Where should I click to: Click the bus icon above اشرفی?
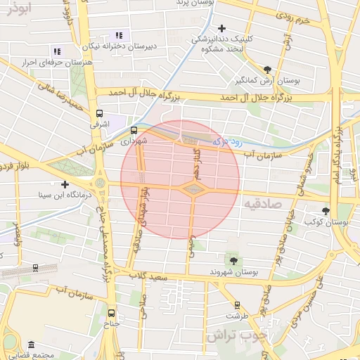pos(99,112)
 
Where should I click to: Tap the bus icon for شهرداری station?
pos(134,130)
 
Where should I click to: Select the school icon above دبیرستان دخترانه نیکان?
pos(119,34)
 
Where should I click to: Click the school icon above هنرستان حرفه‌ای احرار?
pos(57,51)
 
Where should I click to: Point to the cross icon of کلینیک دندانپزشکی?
pos(222,29)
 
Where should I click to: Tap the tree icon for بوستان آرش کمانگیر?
pos(267,69)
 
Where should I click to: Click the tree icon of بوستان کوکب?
pos(326,210)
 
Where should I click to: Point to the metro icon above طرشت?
pos(238,305)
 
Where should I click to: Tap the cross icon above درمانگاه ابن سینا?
pos(65,184)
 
